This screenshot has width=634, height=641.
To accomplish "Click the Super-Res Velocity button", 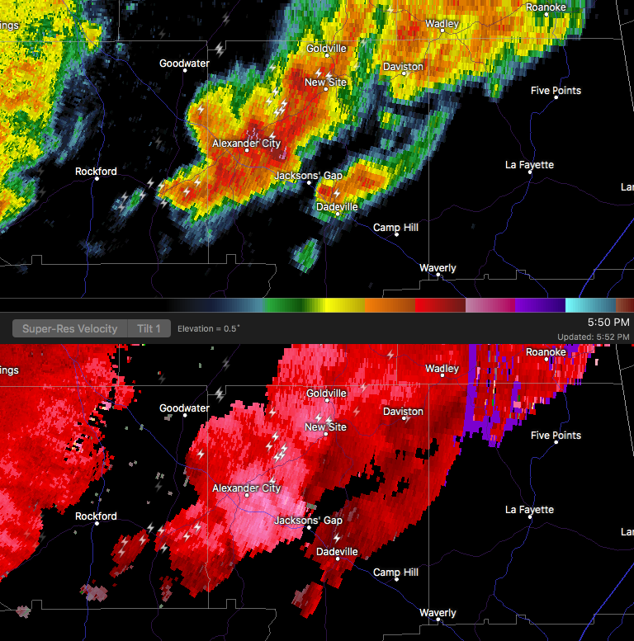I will coord(69,328).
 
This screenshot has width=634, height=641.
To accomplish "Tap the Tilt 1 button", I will coord(149,328).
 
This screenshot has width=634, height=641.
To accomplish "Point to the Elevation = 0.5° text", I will coord(208,328).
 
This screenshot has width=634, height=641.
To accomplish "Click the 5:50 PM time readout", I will coord(608,322).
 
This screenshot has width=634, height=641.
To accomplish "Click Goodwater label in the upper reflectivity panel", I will coord(184,64).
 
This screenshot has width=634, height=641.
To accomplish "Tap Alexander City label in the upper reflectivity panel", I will coord(246,144).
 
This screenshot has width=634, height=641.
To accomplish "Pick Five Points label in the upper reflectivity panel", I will coord(556,91).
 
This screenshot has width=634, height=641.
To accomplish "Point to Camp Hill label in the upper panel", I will coord(395,228).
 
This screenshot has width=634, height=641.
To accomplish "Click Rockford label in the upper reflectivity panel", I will coord(96,172).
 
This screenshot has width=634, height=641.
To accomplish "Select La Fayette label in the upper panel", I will coord(529,165).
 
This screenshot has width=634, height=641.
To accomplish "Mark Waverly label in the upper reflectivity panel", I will coord(438,268).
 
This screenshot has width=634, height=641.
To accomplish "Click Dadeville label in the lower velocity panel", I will coord(337,551).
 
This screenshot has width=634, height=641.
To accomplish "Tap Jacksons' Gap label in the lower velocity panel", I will coord(308,521).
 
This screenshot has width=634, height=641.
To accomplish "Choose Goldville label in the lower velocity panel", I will coord(326,394).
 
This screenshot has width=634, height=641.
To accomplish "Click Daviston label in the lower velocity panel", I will coord(403,411).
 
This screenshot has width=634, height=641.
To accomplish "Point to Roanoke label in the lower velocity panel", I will coord(546,352).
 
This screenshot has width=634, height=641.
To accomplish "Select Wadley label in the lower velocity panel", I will coord(442,369).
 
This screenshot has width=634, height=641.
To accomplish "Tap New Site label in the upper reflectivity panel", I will coord(325,82).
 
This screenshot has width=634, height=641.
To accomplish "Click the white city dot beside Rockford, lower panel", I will coord(97,526).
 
